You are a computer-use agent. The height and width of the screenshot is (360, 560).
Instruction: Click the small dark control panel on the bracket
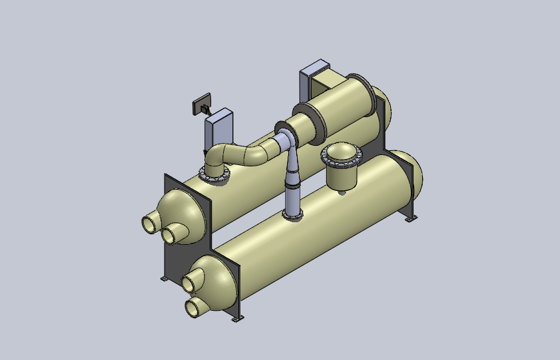tap(202, 106)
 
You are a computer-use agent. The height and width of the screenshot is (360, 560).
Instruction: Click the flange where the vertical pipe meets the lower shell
tap(293, 214)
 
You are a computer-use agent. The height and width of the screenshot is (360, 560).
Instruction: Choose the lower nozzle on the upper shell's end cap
tap(173, 235)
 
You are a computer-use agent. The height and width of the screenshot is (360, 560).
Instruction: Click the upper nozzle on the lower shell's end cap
tap(192, 282)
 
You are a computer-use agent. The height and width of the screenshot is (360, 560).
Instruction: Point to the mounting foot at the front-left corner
tap(164, 277)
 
